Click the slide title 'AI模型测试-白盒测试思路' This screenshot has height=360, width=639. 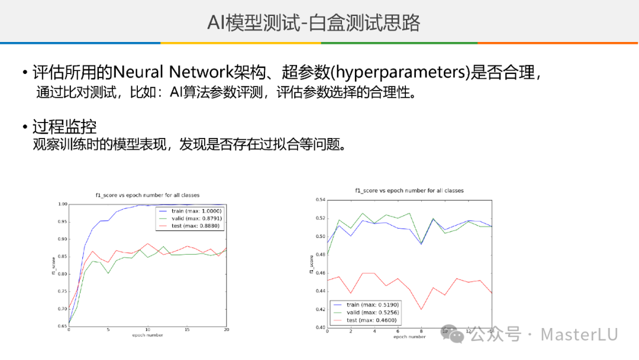pyautogui.click(x=314, y=22)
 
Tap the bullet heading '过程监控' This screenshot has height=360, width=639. pyautogui.click(x=64, y=126)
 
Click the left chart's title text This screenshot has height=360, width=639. pyautogui.click(x=147, y=195)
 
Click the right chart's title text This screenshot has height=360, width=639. pyautogui.click(x=409, y=191)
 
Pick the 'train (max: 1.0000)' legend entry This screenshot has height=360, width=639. pyautogui.click(x=191, y=211)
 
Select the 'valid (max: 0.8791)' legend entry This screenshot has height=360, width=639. pyautogui.click(x=191, y=218)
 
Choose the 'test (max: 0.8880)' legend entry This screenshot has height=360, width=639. pyautogui.click(x=190, y=226)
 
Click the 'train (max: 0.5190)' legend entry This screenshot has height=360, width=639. pyautogui.click(x=366, y=304)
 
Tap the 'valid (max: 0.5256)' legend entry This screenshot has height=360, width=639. pyautogui.click(x=366, y=312)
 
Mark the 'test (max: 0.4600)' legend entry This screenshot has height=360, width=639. pyautogui.click(x=365, y=320)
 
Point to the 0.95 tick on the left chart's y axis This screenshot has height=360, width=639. pyautogui.click(x=62, y=221)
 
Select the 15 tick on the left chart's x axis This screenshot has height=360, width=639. pyautogui.click(x=187, y=329)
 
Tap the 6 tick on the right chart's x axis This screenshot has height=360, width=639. pyautogui.click(x=398, y=331)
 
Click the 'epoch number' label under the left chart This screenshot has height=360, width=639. pyautogui.click(x=147, y=335)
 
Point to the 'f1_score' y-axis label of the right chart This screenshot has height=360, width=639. pyautogui.click(x=311, y=264)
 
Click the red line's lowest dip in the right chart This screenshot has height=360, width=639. pyautogui.click(x=421, y=310)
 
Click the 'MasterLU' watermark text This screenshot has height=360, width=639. pyautogui.click(x=579, y=335)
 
